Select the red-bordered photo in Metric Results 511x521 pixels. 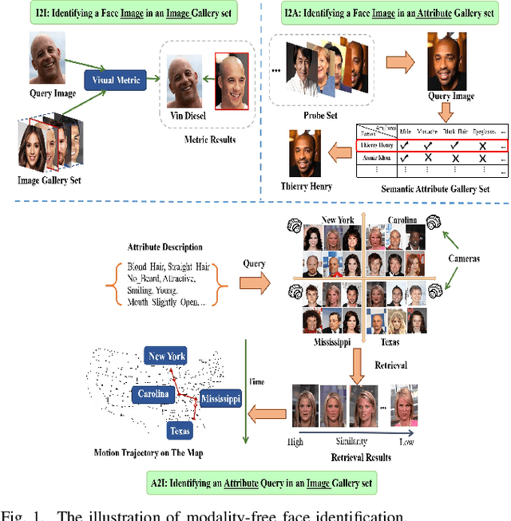[x=235, y=81]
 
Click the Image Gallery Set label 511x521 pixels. [x=50, y=180]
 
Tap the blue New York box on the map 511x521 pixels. [x=166, y=356]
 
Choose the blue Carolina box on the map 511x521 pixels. [x=152, y=394]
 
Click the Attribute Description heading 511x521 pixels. [x=164, y=247]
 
